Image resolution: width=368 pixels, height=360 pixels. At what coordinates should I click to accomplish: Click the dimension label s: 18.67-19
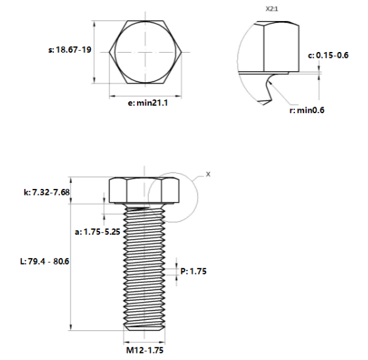(x=69, y=50)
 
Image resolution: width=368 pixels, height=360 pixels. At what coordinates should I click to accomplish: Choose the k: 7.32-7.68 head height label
(x=46, y=192)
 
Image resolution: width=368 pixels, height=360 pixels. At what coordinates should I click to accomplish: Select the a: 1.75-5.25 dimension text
(x=97, y=232)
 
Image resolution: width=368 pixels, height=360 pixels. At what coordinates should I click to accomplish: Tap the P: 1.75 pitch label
(x=193, y=270)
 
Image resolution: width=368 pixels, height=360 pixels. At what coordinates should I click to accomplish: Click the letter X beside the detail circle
(x=208, y=174)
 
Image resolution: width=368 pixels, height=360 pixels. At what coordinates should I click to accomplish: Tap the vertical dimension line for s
(x=96, y=51)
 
